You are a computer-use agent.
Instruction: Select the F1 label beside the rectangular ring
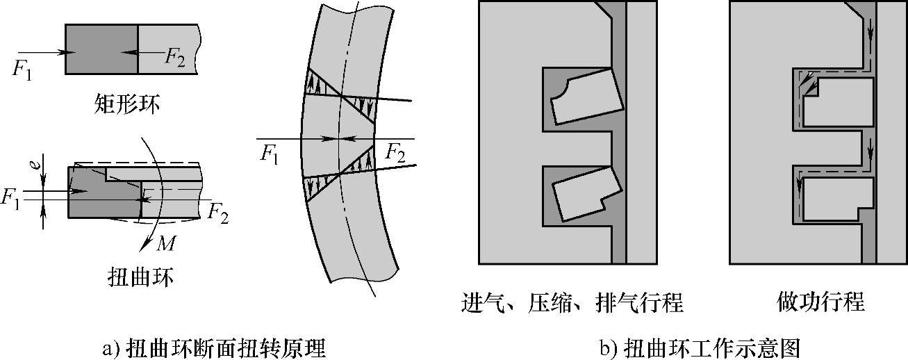[22, 69]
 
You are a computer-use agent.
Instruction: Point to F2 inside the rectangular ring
[174, 56]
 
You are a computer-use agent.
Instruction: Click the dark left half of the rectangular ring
[101, 49]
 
